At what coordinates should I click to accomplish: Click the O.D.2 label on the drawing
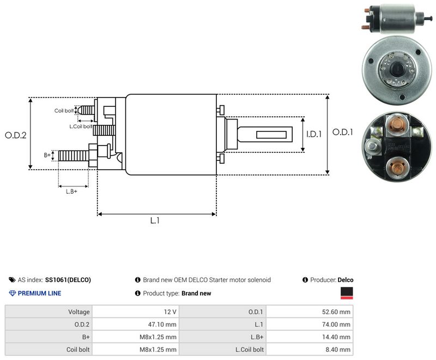(x=16, y=135)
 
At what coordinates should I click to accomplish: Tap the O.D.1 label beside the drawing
(x=343, y=132)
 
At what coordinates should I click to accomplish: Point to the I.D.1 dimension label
(x=314, y=134)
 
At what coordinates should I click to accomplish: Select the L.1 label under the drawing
(x=155, y=220)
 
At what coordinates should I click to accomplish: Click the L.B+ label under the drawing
(x=71, y=191)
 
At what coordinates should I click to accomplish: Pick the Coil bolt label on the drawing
(x=64, y=111)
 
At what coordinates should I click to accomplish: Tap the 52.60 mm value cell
(x=310, y=312)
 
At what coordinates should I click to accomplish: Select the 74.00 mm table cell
(x=310, y=325)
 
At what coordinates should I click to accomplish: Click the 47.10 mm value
(x=135, y=325)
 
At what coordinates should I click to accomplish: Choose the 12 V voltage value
(x=135, y=312)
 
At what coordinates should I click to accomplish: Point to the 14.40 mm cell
(x=310, y=337)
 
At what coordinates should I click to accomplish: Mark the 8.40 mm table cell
(x=310, y=350)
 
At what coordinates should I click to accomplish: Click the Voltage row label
(x=79, y=312)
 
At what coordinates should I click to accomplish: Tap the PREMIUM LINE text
(x=39, y=293)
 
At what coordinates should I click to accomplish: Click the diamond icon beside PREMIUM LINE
(x=13, y=293)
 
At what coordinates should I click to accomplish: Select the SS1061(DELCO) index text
(x=68, y=280)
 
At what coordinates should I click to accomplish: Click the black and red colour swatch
(x=347, y=293)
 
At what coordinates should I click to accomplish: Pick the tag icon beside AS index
(x=12, y=280)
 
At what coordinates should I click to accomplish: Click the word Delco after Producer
(x=346, y=280)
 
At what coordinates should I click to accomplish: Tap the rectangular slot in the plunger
(x=271, y=135)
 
